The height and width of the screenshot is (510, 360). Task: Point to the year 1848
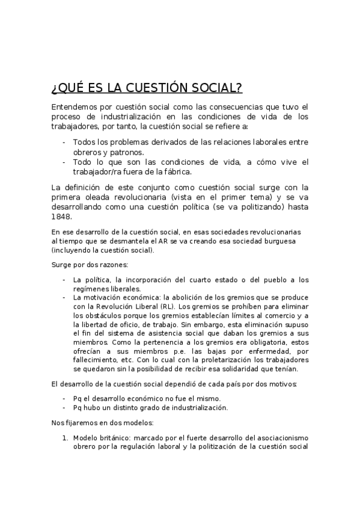61,217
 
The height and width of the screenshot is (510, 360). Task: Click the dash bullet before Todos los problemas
64,143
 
